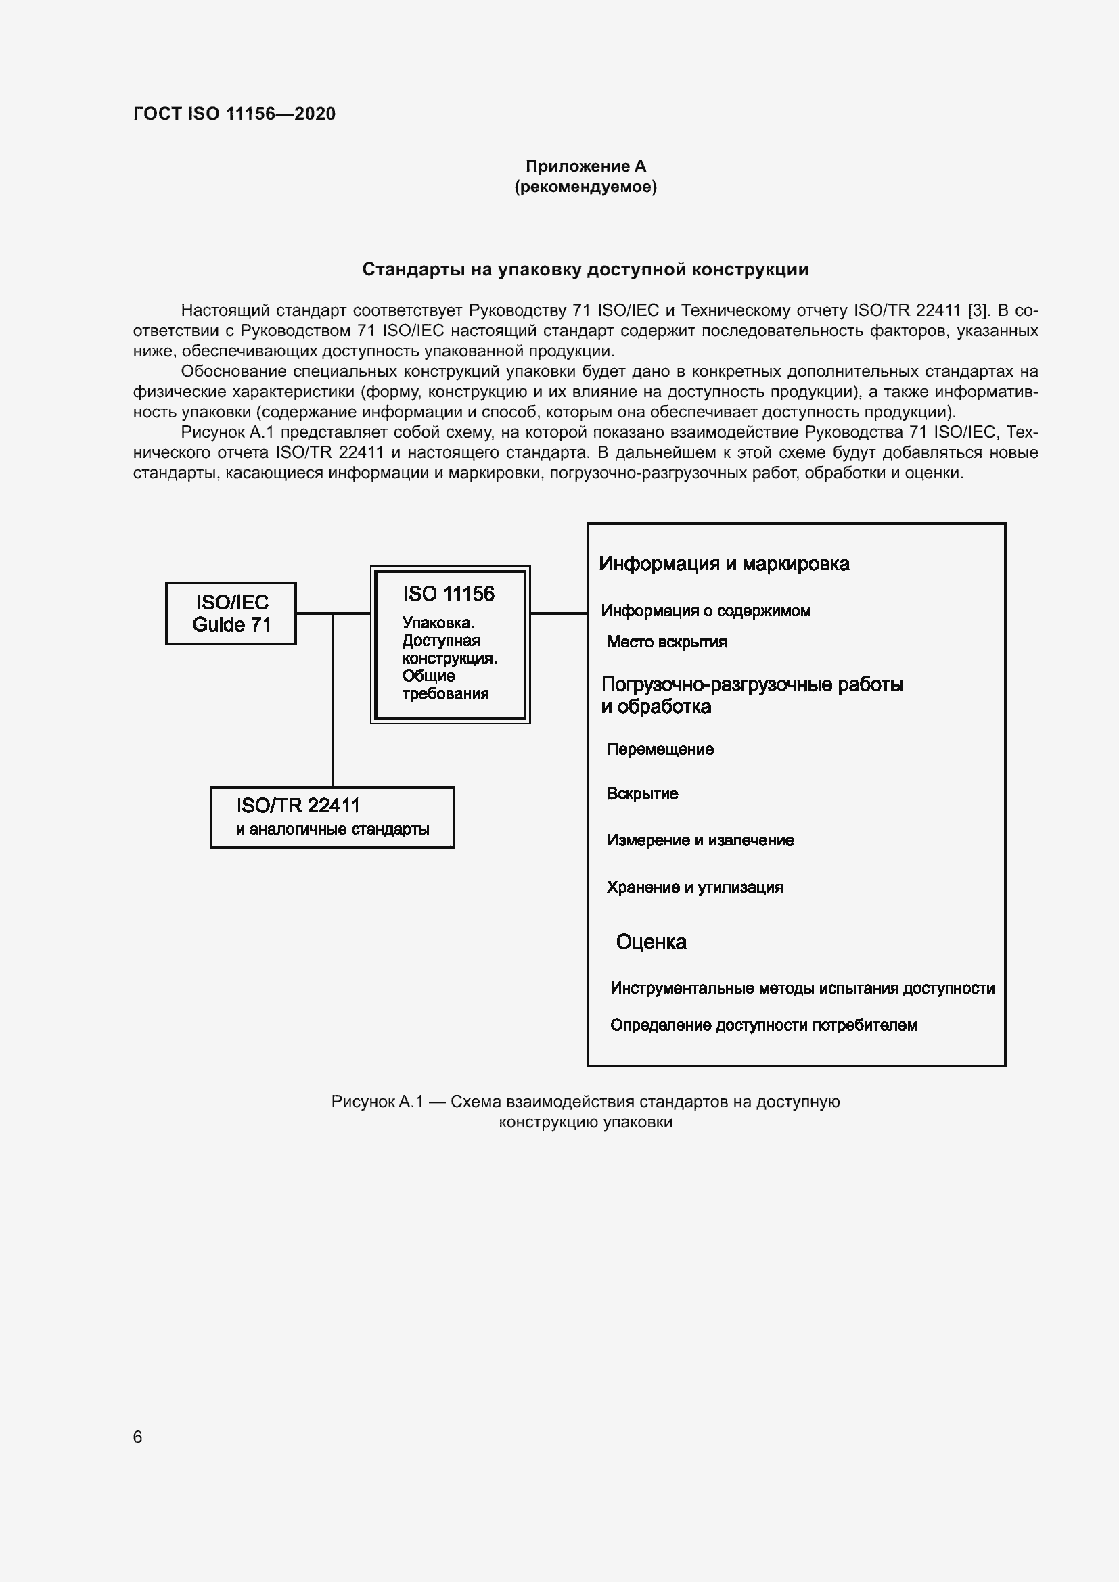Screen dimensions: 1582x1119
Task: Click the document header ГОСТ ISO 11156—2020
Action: point(234,114)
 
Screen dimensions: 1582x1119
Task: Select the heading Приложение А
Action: point(586,166)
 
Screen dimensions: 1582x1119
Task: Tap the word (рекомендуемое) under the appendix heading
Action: point(586,187)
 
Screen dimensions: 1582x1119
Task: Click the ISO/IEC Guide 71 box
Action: point(231,613)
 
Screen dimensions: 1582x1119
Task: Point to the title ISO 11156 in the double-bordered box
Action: point(449,593)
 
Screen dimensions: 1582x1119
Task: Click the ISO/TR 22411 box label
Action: point(298,805)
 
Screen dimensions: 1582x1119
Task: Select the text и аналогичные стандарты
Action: point(332,829)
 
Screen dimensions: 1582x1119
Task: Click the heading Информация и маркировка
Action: point(723,563)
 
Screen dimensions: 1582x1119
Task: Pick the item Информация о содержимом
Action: point(706,611)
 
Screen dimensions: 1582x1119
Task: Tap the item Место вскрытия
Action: point(666,642)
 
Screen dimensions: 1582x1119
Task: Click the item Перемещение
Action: point(660,749)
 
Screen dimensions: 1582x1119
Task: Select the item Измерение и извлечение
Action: point(700,840)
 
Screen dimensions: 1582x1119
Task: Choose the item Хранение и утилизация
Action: point(695,887)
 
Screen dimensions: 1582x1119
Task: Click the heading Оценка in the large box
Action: point(651,942)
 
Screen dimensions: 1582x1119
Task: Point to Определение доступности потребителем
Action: point(763,1025)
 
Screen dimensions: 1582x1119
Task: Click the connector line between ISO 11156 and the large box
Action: point(558,613)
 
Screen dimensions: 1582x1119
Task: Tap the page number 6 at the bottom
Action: point(138,1437)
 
